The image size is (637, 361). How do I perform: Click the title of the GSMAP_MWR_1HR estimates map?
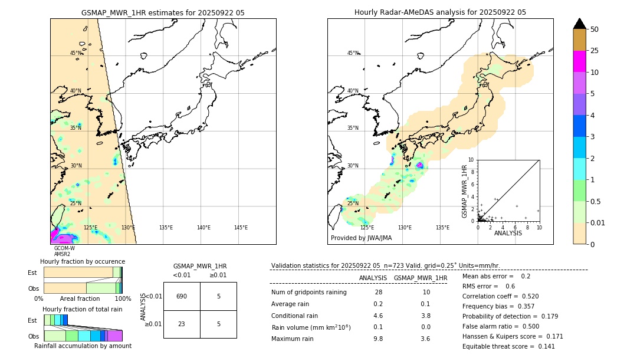163,12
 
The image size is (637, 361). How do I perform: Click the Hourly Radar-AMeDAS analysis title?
440,12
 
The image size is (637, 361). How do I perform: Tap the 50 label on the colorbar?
595,29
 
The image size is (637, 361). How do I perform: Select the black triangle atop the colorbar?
580,24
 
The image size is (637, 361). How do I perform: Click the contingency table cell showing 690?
182,296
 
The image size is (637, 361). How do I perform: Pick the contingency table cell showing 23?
182,324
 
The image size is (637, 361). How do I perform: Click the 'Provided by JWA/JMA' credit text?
361,238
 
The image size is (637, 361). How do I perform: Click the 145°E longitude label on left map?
241,228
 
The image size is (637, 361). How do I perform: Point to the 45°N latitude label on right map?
353,53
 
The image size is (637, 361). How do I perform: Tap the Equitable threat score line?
500,346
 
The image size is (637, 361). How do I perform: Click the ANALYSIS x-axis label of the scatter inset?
508,233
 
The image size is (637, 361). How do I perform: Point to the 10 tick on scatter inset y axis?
471,160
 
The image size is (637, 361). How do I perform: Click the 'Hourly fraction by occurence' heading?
83,261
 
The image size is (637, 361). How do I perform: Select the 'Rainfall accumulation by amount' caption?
83,346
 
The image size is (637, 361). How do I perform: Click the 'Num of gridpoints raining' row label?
308,292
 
